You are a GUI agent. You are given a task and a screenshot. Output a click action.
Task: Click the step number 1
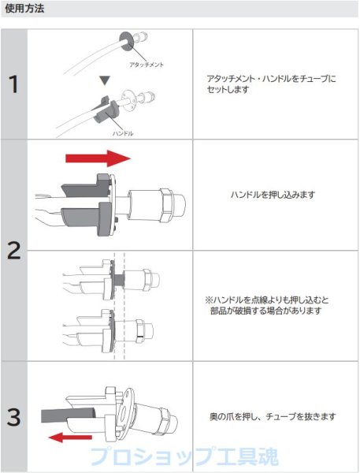coord(13,84)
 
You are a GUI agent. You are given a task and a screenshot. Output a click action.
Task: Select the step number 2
coord(13,251)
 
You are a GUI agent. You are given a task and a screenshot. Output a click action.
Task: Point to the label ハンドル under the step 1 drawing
coord(122,133)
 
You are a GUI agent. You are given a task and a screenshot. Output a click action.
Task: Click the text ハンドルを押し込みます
coord(271,195)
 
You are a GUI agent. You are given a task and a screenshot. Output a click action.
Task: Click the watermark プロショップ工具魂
coord(180,456)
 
